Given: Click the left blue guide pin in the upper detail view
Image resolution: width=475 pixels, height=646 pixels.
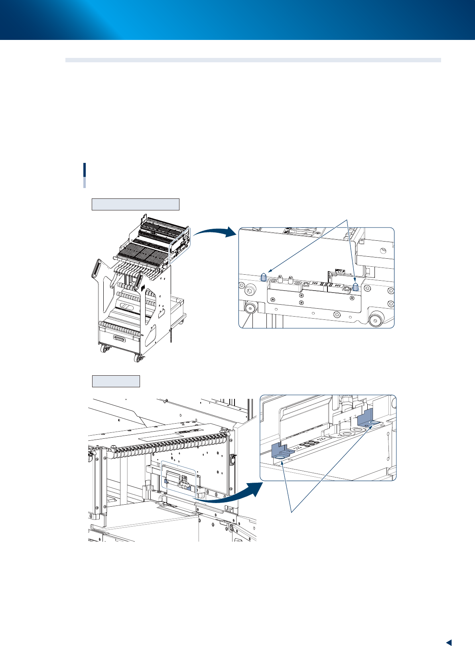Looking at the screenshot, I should coord(263,277).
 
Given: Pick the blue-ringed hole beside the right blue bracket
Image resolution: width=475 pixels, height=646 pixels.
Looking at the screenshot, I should coord(374,422).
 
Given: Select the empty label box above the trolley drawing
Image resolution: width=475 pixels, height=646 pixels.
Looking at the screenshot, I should coord(136,204).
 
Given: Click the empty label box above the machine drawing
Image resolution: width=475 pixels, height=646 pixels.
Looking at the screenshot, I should coord(116,381).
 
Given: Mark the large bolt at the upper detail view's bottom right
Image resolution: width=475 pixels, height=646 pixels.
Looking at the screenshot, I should coord(376,320).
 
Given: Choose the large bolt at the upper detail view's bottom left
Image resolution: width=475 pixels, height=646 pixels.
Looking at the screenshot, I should coord(250,308).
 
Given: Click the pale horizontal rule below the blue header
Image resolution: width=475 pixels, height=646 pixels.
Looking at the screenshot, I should coord(253,60).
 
